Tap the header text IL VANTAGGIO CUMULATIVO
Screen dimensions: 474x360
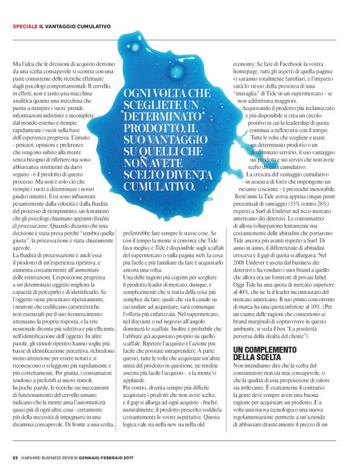point(75,27)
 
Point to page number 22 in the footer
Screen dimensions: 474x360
point(15,458)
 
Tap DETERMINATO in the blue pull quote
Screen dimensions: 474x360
point(153,116)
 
